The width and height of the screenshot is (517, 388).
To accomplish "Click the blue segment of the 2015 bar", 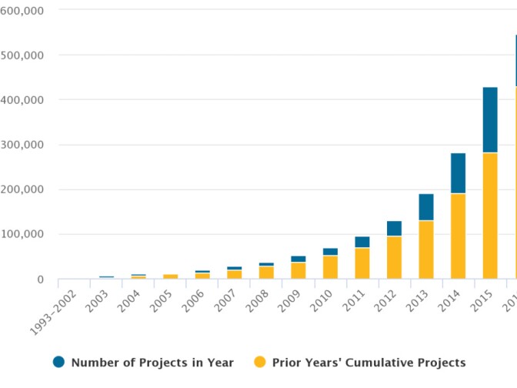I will click(x=490, y=120).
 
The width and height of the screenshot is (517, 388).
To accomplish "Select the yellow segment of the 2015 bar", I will click(x=490, y=216).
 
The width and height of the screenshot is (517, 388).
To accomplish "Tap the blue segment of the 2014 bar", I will click(x=458, y=173).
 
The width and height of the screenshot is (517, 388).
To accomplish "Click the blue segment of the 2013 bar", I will click(x=426, y=207).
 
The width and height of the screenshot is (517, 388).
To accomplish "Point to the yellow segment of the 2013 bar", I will click(x=426, y=249).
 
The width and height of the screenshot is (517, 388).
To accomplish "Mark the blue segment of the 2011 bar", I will click(x=362, y=242).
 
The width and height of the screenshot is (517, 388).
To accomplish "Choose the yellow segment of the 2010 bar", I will click(x=330, y=266).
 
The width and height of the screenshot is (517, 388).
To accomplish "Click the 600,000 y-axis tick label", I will click(x=22, y=11).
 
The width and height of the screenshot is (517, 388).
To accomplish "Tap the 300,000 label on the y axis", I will click(x=22, y=145).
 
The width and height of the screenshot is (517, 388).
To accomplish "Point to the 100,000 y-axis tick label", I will click(x=22, y=234).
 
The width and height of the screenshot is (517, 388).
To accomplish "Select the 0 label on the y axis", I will click(x=40, y=279).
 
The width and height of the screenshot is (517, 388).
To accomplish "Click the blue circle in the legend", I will click(x=58, y=362).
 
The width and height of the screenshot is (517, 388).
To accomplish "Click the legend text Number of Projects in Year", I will click(x=152, y=363).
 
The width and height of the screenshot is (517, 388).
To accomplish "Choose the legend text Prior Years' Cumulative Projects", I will click(x=369, y=363).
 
